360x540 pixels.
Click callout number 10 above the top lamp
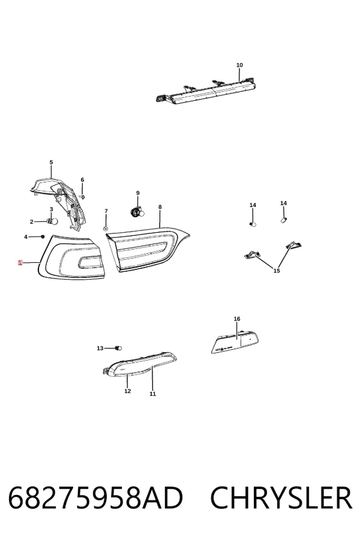[x=239, y=65]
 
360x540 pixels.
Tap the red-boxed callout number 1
[x=20, y=263]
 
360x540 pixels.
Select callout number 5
[x=52, y=162]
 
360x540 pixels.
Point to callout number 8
[x=160, y=207]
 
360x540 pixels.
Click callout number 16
[x=237, y=319]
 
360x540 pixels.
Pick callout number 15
[x=277, y=271]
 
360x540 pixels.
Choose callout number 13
[x=100, y=348]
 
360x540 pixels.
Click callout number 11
[x=152, y=394]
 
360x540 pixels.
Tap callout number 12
[x=127, y=391]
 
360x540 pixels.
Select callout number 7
[x=106, y=211]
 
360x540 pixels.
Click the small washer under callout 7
[x=106, y=229]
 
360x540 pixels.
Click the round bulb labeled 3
[x=54, y=221]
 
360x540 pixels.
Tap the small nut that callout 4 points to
[x=43, y=236]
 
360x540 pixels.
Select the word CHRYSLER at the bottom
[x=281, y=498]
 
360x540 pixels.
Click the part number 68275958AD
[x=95, y=498]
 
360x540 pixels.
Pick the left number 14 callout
[x=253, y=205]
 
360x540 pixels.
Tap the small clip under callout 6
[x=82, y=197]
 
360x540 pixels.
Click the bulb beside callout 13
[x=119, y=348]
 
